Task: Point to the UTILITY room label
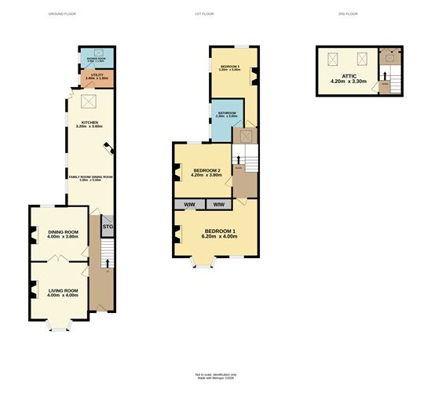[x=93, y=76]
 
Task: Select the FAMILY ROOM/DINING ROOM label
[x=91, y=178]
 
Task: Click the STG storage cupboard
[x=108, y=227]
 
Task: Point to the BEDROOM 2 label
[x=204, y=171]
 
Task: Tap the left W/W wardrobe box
[x=189, y=204]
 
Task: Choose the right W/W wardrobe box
[x=218, y=204]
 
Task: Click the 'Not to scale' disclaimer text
[x=215, y=375]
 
